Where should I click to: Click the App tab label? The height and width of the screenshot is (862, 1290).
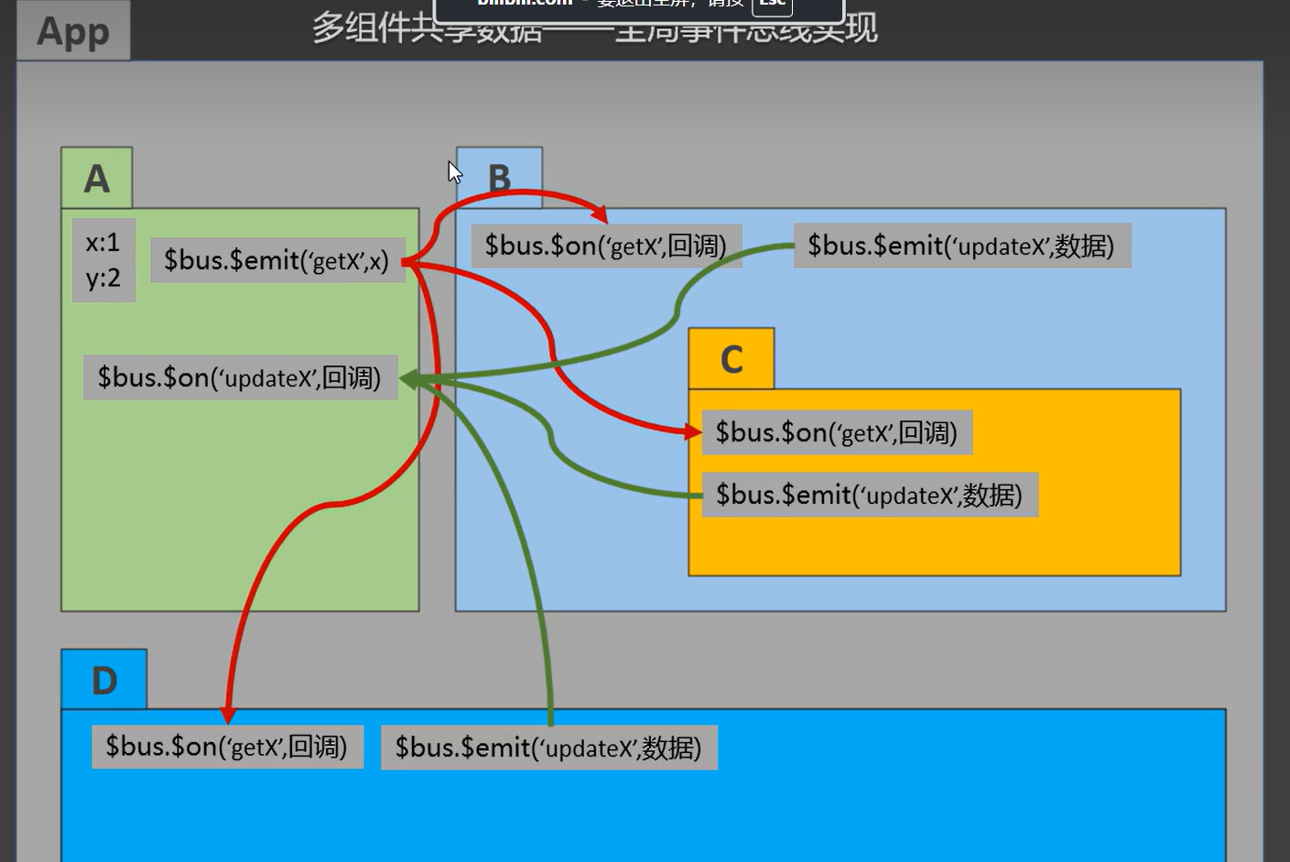click(73, 31)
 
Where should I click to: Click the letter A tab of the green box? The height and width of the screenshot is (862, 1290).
click(97, 178)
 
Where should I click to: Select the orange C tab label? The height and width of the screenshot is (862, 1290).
click(732, 359)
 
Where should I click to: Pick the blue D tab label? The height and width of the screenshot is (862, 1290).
click(104, 680)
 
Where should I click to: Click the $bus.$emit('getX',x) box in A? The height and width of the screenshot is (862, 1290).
click(276, 261)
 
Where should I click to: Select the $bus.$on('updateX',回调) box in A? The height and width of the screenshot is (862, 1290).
click(240, 377)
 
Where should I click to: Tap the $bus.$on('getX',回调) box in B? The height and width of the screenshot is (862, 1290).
click(606, 246)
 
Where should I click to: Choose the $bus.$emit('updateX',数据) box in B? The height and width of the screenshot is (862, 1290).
click(961, 246)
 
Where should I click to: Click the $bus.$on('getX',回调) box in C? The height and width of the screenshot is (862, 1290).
click(837, 432)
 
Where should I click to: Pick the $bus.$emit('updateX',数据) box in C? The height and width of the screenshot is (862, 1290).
click(870, 495)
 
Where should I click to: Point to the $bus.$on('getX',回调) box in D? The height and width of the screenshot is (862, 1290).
click(227, 747)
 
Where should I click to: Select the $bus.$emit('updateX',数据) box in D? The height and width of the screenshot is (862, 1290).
click(548, 747)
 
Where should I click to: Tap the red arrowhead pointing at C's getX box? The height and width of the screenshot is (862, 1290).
click(694, 431)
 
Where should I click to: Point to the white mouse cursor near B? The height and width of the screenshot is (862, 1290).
click(454, 171)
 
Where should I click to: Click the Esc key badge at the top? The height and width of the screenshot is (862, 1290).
click(772, 5)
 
